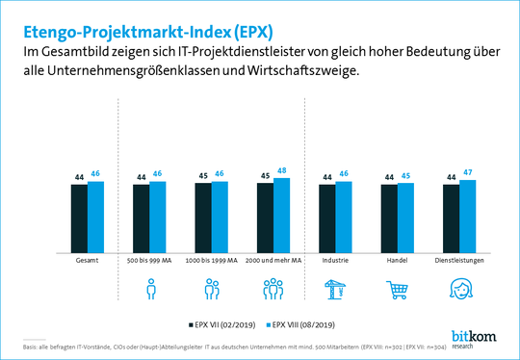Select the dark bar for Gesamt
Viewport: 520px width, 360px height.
coord(79,217)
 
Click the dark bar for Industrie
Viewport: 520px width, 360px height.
coord(327,217)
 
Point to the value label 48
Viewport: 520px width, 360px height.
coord(281,170)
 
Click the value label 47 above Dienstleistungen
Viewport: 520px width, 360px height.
coord(467,173)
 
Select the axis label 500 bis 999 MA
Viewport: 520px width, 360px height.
coord(149,260)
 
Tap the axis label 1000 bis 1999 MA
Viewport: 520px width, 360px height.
coord(212,260)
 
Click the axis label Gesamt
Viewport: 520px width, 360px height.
coord(87,260)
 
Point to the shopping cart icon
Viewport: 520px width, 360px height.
coord(398,289)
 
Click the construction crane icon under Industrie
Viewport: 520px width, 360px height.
coord(335,288)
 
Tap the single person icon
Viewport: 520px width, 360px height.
coord(149,289)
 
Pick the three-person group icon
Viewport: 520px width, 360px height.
coord(273,289)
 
